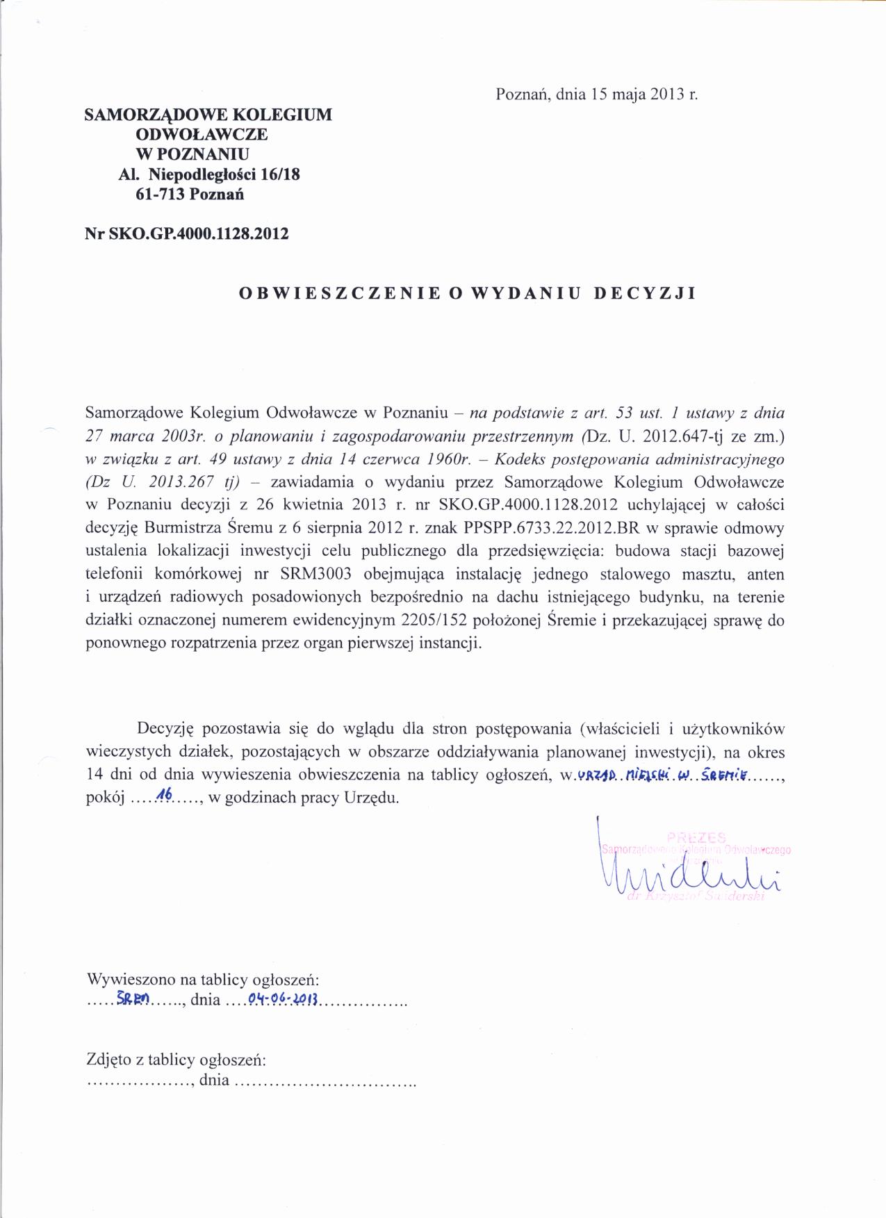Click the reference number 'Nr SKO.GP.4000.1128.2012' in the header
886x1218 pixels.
(x=186, y=233)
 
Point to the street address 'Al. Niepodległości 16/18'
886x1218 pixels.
(x=209, y=174)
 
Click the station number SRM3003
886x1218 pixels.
(x=315, y=575)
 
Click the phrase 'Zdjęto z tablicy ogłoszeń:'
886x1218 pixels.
(x=177, y=1060)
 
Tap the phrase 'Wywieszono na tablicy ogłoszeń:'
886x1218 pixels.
(x=203, y=980)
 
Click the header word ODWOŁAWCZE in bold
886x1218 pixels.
(x=202, y=134)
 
